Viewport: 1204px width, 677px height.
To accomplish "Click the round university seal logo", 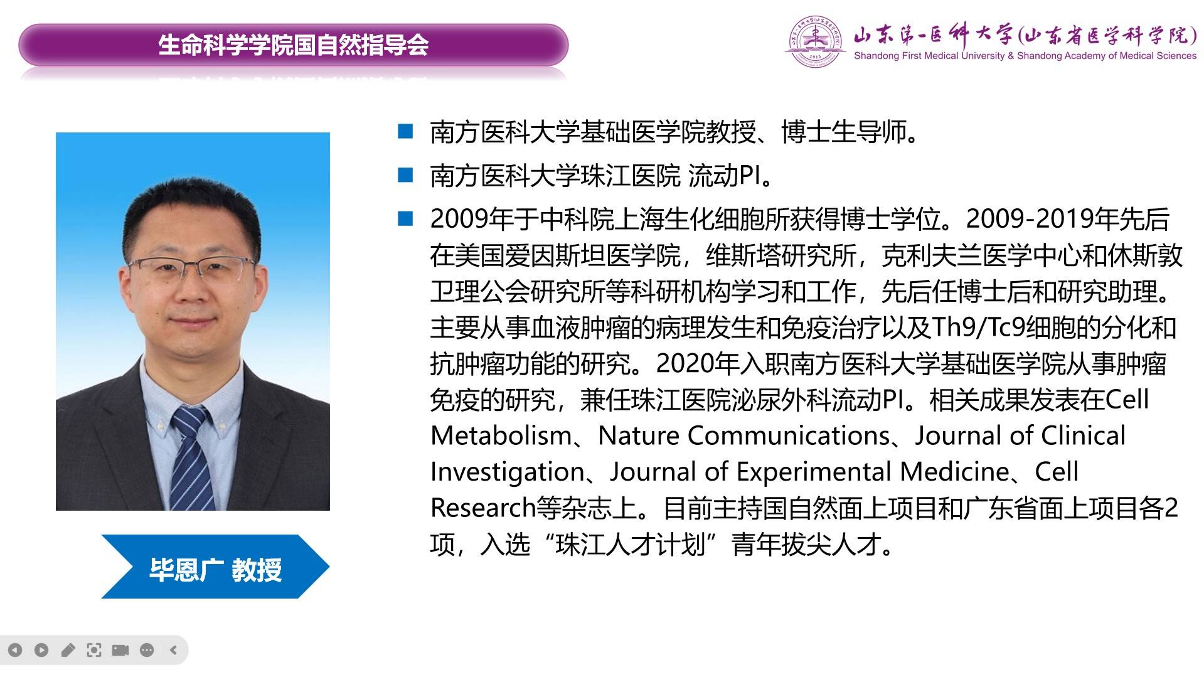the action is (815, 41).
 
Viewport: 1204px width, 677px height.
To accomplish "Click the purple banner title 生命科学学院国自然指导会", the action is (293, 45).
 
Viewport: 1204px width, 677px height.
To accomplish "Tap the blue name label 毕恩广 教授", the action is (215, 569).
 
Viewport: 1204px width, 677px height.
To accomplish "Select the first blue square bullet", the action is (406, 131).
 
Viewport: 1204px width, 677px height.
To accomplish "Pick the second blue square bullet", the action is (406, 174).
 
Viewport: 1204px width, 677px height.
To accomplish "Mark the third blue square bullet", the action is (406, 218).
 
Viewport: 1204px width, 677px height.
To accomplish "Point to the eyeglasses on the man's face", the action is (191, 270).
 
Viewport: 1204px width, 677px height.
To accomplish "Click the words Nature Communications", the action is (744, 435).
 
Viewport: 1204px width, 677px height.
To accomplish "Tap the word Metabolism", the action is (501, 435).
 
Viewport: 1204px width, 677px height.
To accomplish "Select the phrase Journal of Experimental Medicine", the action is (809, 472).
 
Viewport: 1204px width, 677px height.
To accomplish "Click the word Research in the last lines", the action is (482, 508).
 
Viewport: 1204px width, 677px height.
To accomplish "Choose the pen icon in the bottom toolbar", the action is (68, 650).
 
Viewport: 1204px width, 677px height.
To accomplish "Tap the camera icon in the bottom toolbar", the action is (120, 650).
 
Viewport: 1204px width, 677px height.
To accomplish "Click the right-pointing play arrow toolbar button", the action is (41, 650).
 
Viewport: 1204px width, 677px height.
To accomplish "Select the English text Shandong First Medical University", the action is (929, 56).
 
